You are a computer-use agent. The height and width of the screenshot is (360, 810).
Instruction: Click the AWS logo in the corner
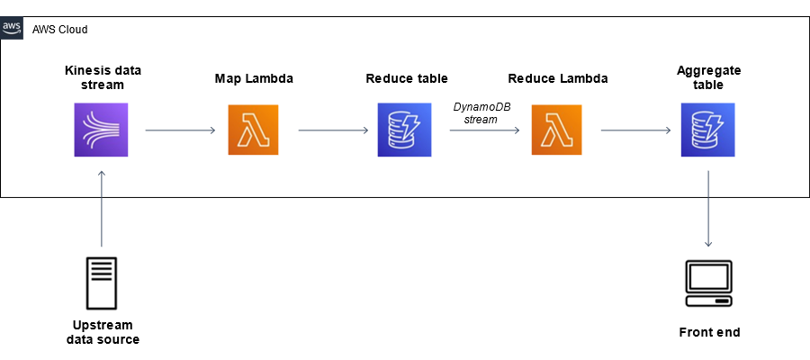12,27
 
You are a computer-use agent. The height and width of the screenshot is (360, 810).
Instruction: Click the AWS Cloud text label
59,29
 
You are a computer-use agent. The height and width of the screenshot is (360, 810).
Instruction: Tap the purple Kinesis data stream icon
101,130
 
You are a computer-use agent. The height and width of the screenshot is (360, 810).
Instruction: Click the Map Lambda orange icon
254,130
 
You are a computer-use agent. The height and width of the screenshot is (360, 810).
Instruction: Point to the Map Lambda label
254,78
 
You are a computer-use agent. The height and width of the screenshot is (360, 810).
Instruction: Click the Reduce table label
407,78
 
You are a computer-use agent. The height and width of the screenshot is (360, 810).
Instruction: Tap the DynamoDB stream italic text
481,112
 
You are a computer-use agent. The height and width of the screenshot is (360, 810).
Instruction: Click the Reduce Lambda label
558,78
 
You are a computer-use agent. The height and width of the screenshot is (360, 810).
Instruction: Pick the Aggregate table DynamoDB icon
708,130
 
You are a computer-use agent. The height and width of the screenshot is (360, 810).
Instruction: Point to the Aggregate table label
708,78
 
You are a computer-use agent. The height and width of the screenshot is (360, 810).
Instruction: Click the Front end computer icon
708,284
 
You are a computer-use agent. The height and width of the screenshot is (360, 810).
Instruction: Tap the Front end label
709,332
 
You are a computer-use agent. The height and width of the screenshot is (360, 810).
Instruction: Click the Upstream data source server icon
102,283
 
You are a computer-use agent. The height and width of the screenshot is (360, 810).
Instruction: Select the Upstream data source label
102,332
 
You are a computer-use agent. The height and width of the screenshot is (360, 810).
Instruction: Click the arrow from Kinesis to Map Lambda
180,130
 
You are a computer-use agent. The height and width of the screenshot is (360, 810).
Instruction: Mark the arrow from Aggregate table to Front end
709,208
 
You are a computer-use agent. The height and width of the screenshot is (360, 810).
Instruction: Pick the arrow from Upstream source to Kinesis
102,208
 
